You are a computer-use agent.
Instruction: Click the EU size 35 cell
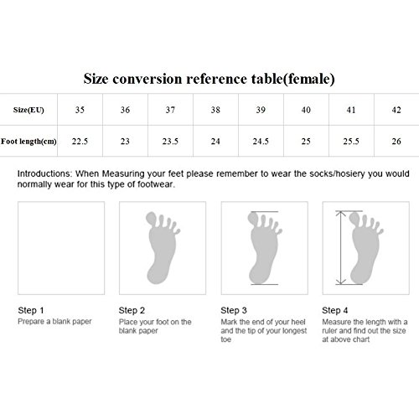click(x=80, y=110)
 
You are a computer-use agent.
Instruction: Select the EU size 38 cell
click(x=215, y=110)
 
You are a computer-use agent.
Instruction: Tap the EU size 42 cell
click(x=396, y=110)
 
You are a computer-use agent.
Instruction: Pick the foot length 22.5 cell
click(x=80, y=142)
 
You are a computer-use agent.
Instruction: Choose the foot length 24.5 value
click(x=261, y=142)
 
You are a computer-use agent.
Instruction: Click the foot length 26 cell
click(x=396, y=142)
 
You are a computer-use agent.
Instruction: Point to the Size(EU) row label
click(x=28, y=110)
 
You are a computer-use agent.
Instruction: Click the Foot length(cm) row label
click(x=28, y=142)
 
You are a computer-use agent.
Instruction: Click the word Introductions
click(x=44, y=173)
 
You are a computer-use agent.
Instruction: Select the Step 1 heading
click(x=31, y=310)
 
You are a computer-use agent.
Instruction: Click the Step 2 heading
click(x=132, y=310)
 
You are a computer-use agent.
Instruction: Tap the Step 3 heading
click(x=234, y=310)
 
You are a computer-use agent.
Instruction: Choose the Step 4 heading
click(x=335, y=310)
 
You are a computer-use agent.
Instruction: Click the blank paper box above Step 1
click(x=61, y=248)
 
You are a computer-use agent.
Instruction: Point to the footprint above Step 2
click(x=163, y=248)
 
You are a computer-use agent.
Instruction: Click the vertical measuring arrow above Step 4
click(x=341, y=248)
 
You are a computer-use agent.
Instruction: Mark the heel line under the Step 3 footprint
click(x=265, y=284)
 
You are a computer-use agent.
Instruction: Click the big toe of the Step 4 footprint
click(x=354, y=219)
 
